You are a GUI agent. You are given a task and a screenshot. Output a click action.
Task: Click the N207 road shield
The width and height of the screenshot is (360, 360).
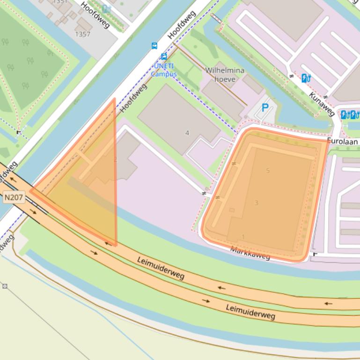click(x=14, y=197)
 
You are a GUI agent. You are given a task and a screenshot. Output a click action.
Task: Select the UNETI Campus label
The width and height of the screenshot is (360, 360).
click(x=163, y=70)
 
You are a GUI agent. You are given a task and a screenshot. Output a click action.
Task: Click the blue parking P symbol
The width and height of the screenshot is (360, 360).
click(x=265, y=108)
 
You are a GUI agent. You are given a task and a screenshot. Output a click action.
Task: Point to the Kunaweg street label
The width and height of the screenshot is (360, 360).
click(x=322, y=104)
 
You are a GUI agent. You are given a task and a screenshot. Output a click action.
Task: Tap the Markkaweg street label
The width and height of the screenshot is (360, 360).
click(x=250, y=253)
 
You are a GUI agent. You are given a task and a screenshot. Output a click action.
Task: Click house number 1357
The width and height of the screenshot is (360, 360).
click(x=82, y=34)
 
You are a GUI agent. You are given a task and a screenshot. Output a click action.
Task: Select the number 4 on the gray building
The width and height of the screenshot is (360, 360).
click(x=187, y=133)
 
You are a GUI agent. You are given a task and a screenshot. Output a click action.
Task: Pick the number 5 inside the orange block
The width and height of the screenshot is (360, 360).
click(x=268, y=170)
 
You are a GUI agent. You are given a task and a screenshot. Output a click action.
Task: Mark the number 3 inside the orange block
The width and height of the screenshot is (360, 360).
click(x=256, y=202)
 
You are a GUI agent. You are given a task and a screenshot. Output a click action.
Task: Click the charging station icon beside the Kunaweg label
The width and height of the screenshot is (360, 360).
click(x=306, y=78)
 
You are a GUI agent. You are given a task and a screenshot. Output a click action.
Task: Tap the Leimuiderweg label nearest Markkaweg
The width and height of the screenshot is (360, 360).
click(x=161, y=267)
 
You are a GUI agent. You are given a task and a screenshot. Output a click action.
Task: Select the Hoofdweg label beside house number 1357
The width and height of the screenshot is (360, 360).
click(x=95, y=14)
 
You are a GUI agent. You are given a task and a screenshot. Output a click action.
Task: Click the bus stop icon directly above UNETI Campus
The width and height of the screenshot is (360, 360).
click(x=164, y=56)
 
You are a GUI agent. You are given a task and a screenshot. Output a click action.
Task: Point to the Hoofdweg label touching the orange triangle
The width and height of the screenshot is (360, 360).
click(x=133, y=98)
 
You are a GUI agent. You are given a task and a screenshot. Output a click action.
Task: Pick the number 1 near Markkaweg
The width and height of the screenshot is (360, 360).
click(x=243, y=237)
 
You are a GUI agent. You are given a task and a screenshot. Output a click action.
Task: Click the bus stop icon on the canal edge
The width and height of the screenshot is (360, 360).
click(x=154, y=46)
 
